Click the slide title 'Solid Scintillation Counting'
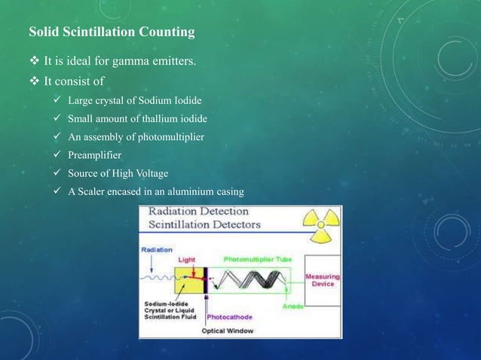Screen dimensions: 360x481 tap(112, 32)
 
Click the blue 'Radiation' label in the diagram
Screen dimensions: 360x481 tap(156, 249)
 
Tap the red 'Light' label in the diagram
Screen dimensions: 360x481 tap(186, 259)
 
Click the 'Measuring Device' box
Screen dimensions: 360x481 tap(322, 280)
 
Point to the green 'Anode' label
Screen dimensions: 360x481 tap(293, 307)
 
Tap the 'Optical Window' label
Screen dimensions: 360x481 tap(228, 331)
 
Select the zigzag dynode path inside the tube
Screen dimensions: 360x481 tap(253, 282)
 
